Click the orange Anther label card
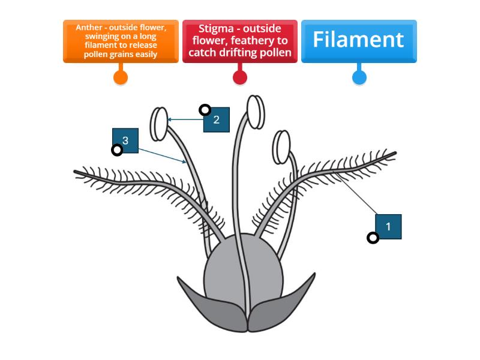(x=121, y=41)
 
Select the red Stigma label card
(x=240, y=41)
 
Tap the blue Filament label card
(x=359, y=41)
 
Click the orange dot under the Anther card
(x=121, y=77)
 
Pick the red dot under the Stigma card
(x=240, y=77)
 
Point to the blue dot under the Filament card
(x=359, y=77)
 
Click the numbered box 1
(x=388, y=227)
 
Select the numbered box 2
(x=217, y=119)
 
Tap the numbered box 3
(x=125, y=140)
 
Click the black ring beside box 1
(x=373, y=238)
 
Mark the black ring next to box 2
(x=205, y=110)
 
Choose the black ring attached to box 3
(x=117, y=150)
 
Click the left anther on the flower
(x=160, y=123)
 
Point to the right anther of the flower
(x=281, y=146)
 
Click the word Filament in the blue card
(x=358, y=40)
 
